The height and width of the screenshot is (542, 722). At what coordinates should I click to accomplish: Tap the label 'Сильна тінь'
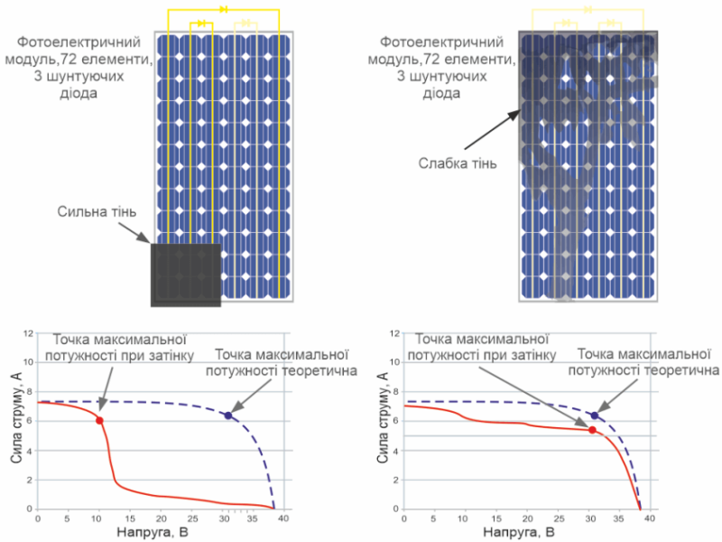point(97,213)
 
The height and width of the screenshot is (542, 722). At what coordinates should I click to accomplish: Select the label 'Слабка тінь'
point(458,164)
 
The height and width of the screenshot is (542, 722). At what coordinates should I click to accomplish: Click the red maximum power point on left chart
point(99,420)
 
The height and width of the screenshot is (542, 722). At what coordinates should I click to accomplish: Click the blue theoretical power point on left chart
point(227,416)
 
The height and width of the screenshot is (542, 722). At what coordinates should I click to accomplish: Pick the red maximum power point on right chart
point(592,430)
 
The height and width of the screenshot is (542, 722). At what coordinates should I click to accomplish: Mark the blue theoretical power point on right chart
point(594,416)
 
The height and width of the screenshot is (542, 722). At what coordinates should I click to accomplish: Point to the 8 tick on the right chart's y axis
point(395,392)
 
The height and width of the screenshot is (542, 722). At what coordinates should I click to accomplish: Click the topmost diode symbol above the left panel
point(223,9)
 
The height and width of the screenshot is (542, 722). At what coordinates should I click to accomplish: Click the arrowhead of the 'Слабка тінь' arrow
point(517,113)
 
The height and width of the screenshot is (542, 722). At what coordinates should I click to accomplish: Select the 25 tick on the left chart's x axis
point(190,519)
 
